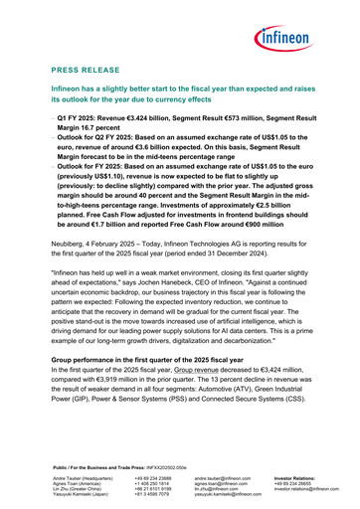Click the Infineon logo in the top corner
coord(297,41)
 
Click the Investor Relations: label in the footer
coord(298,478)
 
